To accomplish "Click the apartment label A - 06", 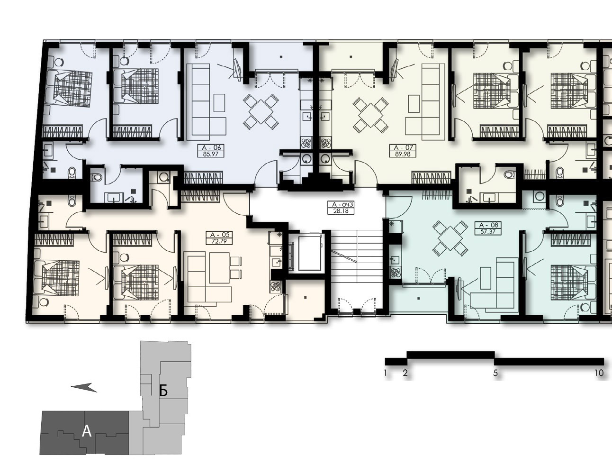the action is click(211, 147).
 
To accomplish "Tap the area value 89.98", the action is click(403, 154).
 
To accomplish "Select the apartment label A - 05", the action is click(220, 235).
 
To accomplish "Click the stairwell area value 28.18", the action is click(341, 211).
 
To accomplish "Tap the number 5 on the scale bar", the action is click(495, 373).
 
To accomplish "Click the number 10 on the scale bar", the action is click(599, 373).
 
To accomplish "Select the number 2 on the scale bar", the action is click(405, 373).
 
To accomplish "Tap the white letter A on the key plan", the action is click(87, 431).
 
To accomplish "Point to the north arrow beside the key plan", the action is click(84, 387).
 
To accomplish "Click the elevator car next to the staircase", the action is click(310, 253).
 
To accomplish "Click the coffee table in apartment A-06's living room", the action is click(219, 103).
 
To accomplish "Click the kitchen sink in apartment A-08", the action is click(395, 260).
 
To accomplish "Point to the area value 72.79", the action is click(219, 241).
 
